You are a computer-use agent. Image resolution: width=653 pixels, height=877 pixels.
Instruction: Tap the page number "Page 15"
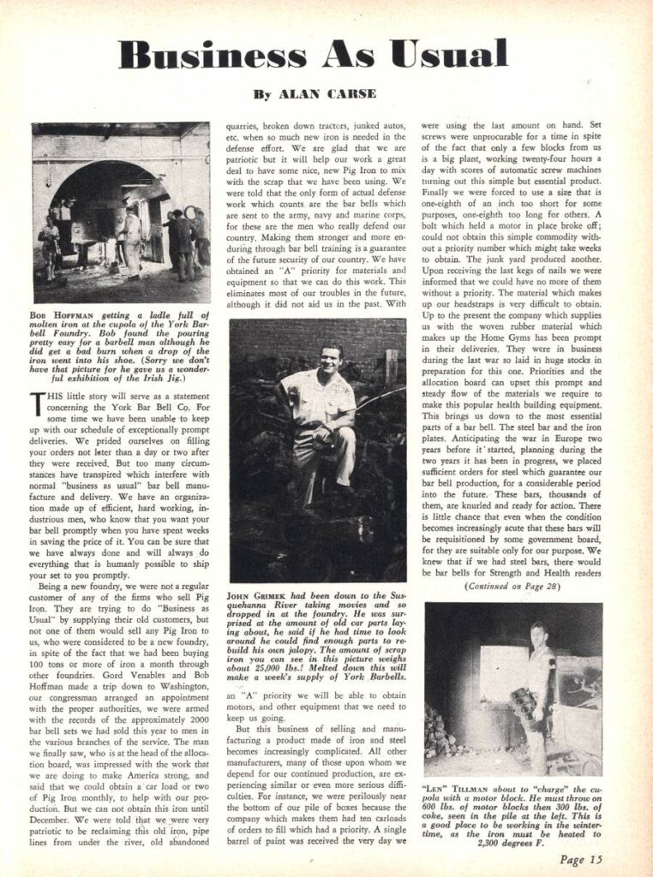pyautogui.click(x=583, y=860)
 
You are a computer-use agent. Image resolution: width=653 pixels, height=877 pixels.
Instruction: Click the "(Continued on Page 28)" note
pyautogui.click(x=512, y=587)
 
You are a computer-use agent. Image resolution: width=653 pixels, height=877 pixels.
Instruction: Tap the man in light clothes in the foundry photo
pyautogui.click(x=133, y=240)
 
